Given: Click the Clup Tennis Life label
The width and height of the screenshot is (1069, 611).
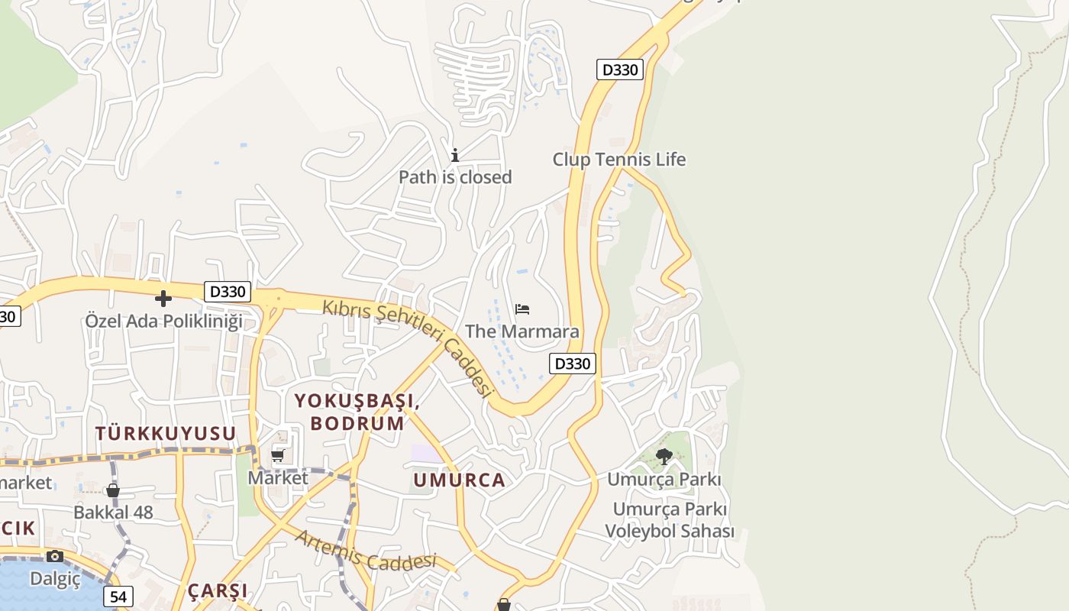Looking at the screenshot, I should [618, 160].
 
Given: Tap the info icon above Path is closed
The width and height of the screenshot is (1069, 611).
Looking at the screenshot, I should [455, 155].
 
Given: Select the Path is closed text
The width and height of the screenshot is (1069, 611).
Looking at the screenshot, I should [455, 177].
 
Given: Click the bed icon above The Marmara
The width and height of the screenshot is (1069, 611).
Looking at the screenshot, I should [522, 309].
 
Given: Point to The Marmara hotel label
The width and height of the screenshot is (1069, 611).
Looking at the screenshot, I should [522, 331].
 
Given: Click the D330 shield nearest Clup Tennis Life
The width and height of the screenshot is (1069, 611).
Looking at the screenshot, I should [619, 70].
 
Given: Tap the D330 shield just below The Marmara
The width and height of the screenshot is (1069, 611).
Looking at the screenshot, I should [572, 364].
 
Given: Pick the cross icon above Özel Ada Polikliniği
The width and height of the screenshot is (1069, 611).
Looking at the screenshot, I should [163, 299].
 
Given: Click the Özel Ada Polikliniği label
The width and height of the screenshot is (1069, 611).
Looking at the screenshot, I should [163, 321].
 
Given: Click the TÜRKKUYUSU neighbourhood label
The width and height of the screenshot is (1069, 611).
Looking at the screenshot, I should [166, 433].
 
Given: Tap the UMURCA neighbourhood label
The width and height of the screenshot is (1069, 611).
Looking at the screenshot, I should [459, 480].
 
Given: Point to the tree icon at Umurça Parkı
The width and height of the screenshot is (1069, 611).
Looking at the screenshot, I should [664, 457].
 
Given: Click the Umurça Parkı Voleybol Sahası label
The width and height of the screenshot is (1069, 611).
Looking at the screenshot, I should [670, 520].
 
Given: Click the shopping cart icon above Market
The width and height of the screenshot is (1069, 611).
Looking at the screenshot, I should [277, 456].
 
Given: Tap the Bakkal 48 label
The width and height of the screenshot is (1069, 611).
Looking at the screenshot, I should [113, 512].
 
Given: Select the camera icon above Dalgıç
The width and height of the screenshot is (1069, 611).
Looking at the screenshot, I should [54, 556].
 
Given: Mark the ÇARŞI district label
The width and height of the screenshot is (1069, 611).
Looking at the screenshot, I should [218, 590].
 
